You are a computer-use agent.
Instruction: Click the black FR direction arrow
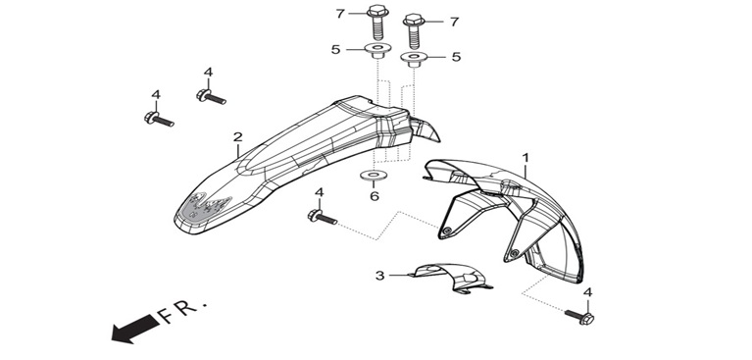[x=135, y=328]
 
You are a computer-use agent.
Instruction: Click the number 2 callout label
[x=238, y=137]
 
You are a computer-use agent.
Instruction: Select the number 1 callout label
[x=526, y=158]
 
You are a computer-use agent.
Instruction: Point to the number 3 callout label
[x=379, y=276]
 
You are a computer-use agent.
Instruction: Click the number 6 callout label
[x=375, y=196]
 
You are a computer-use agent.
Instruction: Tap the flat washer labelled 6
[x=375, y=175]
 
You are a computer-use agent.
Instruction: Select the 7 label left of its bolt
[x=340, y=14]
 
